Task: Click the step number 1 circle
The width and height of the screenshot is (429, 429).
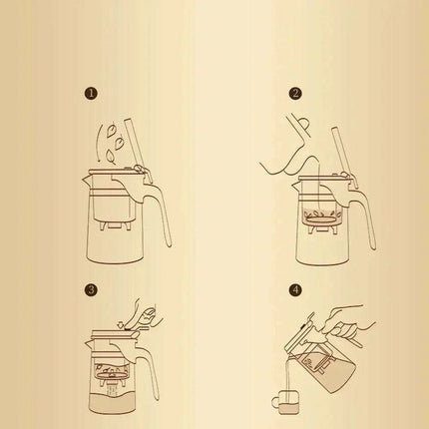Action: pyautogui.click(x=92, y=95)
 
